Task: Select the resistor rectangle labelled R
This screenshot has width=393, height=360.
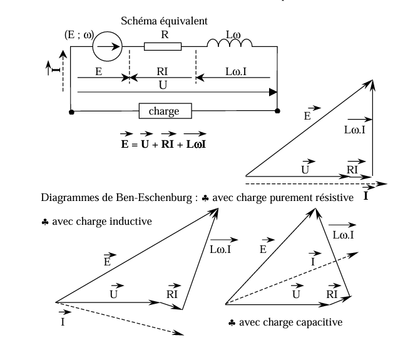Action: click(163, 46)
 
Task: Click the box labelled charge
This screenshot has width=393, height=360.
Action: click(165, 112)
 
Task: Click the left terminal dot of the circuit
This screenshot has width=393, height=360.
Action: click(71, 112)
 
